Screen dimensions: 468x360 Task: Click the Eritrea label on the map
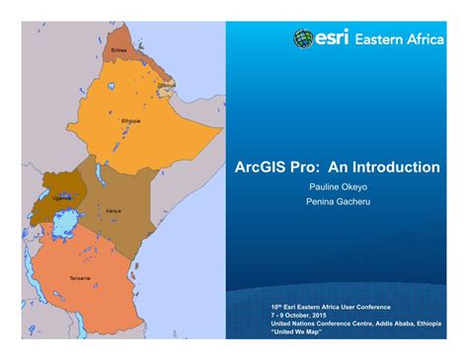[x=119, y=48]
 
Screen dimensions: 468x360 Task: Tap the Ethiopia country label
[x=131, y=121]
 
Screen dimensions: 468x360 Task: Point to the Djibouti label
[x=166, y=86]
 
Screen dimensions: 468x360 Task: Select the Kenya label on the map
[x=114, y=211]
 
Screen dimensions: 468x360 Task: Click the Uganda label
[x=62, y=197]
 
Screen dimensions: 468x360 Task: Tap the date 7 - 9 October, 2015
[x=305, y=315]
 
